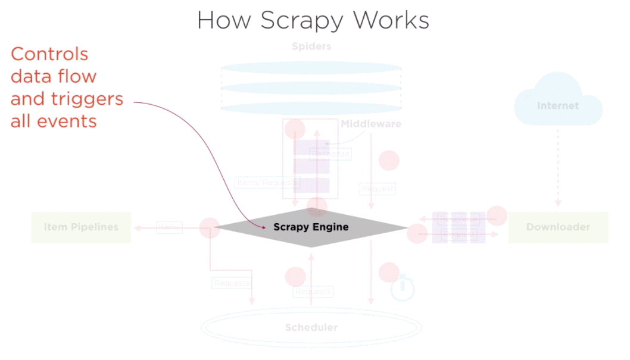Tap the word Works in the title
391,20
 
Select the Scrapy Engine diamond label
311,227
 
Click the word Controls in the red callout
49,54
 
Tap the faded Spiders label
311,46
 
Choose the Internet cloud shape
558,103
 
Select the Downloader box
558,227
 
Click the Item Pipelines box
81,227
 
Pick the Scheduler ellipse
311,327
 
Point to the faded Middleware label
370,124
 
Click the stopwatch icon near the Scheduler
403,289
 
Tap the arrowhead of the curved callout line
263,226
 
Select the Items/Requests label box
266,183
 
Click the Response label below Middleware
331,154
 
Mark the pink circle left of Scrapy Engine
210,228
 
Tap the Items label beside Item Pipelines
169,227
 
